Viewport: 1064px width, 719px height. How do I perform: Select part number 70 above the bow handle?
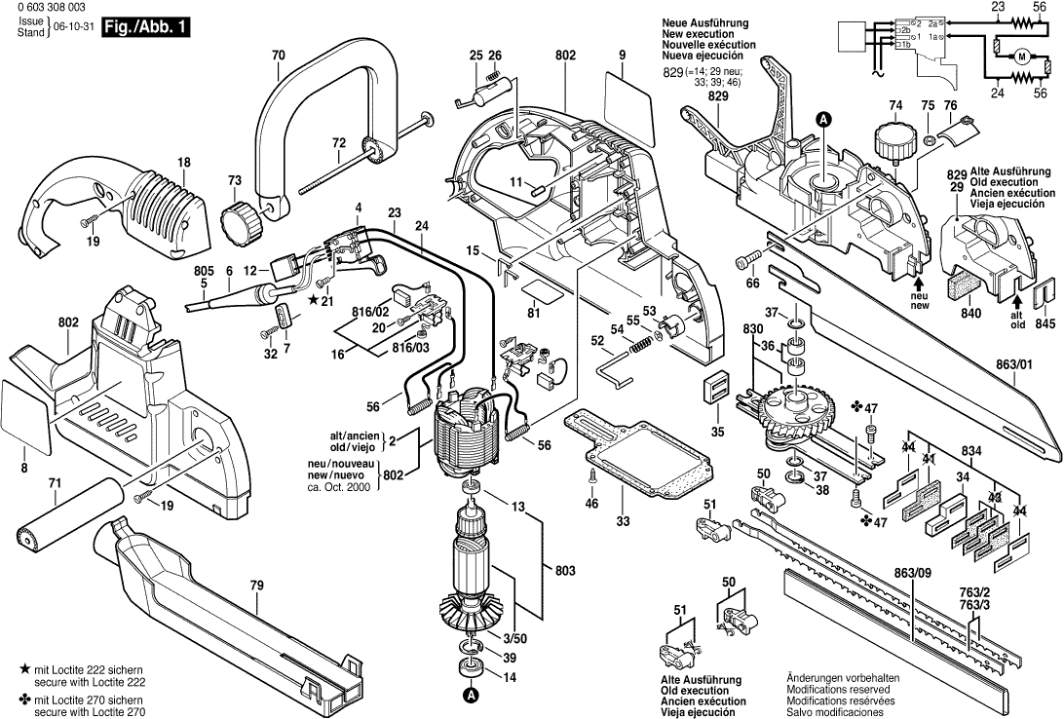[x=279, y=56]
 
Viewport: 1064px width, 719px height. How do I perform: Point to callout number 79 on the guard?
[x=256, y=586]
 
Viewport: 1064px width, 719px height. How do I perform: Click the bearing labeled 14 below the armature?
[x=470, y=668]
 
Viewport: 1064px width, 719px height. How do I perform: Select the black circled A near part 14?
[x=470, y=696]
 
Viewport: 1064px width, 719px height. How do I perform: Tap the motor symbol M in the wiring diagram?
[x=1021, y=57]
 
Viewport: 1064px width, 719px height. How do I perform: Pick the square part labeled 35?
[x=716, y=385]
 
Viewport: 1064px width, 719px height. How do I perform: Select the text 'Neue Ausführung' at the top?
[x=704, y=22]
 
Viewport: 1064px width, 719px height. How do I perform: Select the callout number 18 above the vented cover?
[x=184, y=161]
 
